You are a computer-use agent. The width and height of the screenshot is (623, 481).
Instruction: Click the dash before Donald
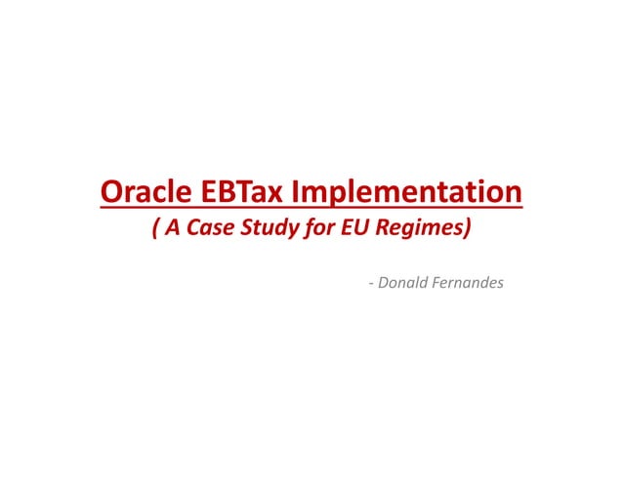(371, 284)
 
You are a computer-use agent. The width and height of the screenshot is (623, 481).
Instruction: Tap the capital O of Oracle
(110, 192)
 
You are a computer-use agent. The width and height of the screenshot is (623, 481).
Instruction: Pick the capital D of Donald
(382, 283)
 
